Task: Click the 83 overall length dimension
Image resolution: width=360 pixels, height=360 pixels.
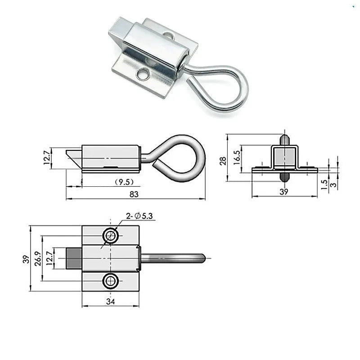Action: tap(134, 194)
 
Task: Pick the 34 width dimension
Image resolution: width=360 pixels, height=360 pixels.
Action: tap(110, 301)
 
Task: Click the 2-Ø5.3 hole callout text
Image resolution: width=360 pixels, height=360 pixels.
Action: tap(140, 216)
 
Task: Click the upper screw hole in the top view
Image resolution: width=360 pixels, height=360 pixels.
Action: tap(111, 235)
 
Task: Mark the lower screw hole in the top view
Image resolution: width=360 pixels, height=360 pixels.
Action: tap(111, 282)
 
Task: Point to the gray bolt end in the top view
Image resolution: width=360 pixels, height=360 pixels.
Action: tap(74, 258)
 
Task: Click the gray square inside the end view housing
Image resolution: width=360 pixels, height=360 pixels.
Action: tap(284, 157)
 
